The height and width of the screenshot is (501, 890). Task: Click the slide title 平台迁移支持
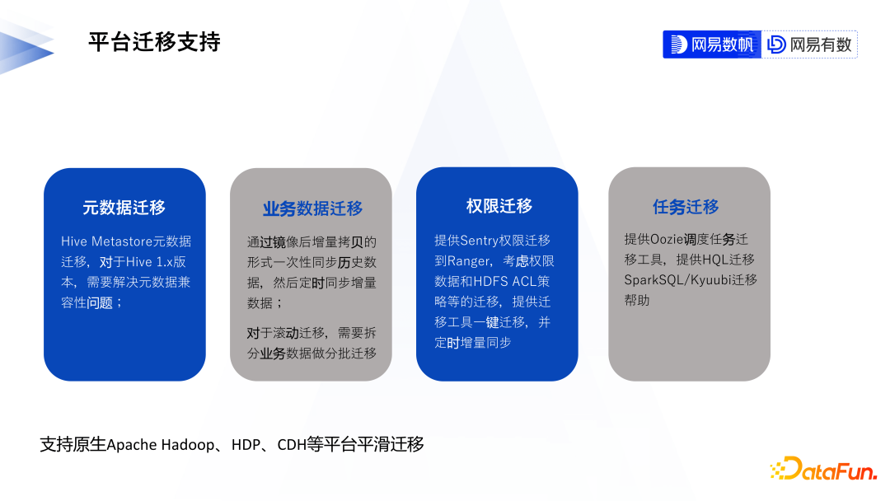[x=154, y=42]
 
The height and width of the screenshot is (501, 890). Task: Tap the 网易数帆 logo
[x=712, y=44]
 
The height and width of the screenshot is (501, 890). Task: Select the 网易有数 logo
[x=809, y=44]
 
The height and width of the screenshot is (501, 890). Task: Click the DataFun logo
[x=823, y=469]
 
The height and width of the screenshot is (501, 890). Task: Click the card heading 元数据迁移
[x=124, y=208]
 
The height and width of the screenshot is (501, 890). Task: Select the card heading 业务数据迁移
[x=312, y=208]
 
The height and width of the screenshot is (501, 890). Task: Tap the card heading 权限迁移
[x=499, y=206]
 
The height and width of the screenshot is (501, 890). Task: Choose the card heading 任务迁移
[x=686, y=207]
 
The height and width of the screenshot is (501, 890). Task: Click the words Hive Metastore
[x=106, y=241]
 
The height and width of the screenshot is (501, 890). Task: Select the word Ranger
[x=469, y=261]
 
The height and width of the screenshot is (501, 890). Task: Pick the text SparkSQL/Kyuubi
[x=677, y=280]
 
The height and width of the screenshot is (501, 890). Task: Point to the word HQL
[x=715, y=260]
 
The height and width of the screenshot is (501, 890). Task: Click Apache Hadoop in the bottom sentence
[x=161, y=445]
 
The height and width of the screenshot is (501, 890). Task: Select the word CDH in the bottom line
[x=292, y=444]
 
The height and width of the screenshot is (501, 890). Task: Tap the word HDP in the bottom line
[x=246, y=444]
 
